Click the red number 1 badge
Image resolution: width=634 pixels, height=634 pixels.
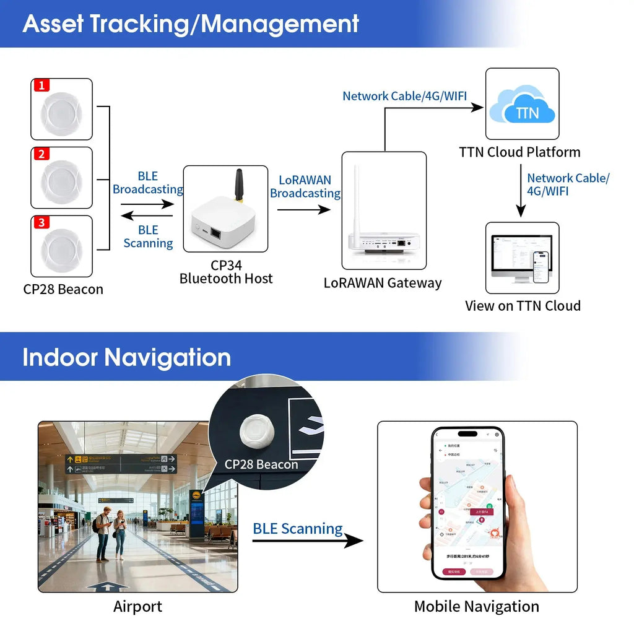click(x=41, y=85)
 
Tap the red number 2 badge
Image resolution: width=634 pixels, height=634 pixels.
click(x=41, y=154)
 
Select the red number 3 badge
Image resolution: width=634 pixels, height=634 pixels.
click(x=41, y=222)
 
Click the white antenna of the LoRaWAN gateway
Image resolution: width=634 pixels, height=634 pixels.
click(x=356, y=198)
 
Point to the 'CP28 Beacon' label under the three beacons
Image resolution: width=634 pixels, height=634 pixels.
click(x=63, y=289)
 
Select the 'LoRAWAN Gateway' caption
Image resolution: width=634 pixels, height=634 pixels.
click(x=383, y=284)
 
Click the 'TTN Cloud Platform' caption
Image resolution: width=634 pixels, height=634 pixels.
click(x=519, y=152)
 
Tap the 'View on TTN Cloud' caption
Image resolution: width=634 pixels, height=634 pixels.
click(x=523, y=306)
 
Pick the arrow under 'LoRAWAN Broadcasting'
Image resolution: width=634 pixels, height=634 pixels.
click(x=303, y=210)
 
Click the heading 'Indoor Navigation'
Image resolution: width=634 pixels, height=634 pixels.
click(x=126, y=358)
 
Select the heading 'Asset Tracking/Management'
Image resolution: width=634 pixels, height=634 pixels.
click(x=191, y=24)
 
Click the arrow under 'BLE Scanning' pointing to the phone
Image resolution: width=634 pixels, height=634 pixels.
click(x=308, y=541)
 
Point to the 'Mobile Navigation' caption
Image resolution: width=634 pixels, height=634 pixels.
click(x=476, y=607)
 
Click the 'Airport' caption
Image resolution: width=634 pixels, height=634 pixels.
click(x=137, y=607)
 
